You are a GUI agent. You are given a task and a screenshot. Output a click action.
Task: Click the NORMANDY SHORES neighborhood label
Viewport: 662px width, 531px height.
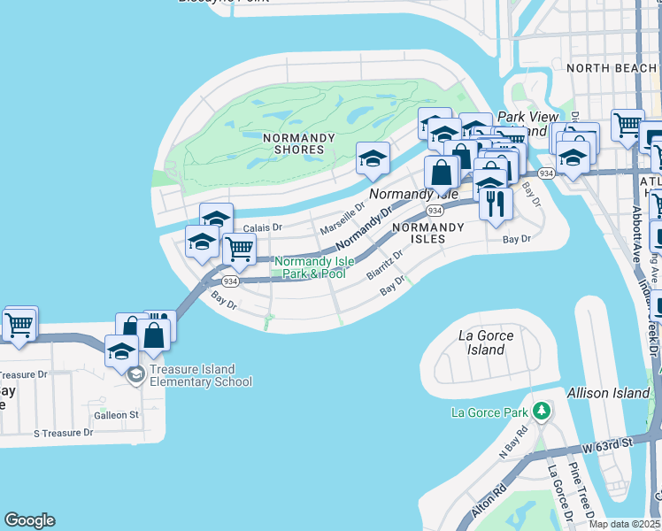tap(299, 143)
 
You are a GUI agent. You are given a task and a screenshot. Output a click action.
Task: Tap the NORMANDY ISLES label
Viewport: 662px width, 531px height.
tap(427, 233)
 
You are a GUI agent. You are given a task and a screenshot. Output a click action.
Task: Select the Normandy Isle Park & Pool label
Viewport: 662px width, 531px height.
tap(310, 267)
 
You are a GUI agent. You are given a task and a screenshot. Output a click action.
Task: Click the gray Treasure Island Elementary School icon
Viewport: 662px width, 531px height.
tap(135, 375)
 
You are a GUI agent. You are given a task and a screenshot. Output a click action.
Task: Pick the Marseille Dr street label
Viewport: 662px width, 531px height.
tap(343, 218)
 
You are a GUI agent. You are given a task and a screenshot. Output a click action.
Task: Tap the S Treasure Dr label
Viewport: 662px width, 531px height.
tap(63, 433)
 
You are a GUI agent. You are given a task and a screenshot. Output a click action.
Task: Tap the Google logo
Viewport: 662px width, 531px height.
tap(29, 520)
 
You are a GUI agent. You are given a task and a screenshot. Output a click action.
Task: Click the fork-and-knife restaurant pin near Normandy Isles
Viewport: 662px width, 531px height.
tap(496, 203)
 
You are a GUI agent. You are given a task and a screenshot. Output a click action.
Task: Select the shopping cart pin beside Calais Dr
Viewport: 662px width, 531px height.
tap(239, 249)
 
